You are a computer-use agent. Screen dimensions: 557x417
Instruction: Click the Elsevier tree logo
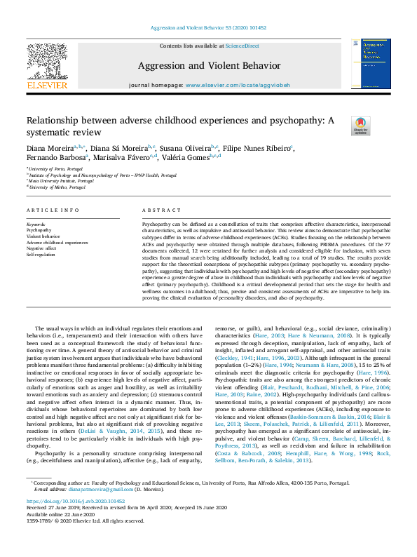[47, 66]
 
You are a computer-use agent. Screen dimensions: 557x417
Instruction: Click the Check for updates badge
[361, 127]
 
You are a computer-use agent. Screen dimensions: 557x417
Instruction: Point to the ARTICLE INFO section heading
[53, 210]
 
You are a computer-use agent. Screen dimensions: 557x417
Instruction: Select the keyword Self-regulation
[40, 255]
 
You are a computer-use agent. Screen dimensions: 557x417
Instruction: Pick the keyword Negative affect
[41, 248]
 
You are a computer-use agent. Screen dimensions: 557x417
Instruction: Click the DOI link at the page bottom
[76, 502]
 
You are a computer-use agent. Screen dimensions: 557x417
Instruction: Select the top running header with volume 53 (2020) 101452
[208, 27]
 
